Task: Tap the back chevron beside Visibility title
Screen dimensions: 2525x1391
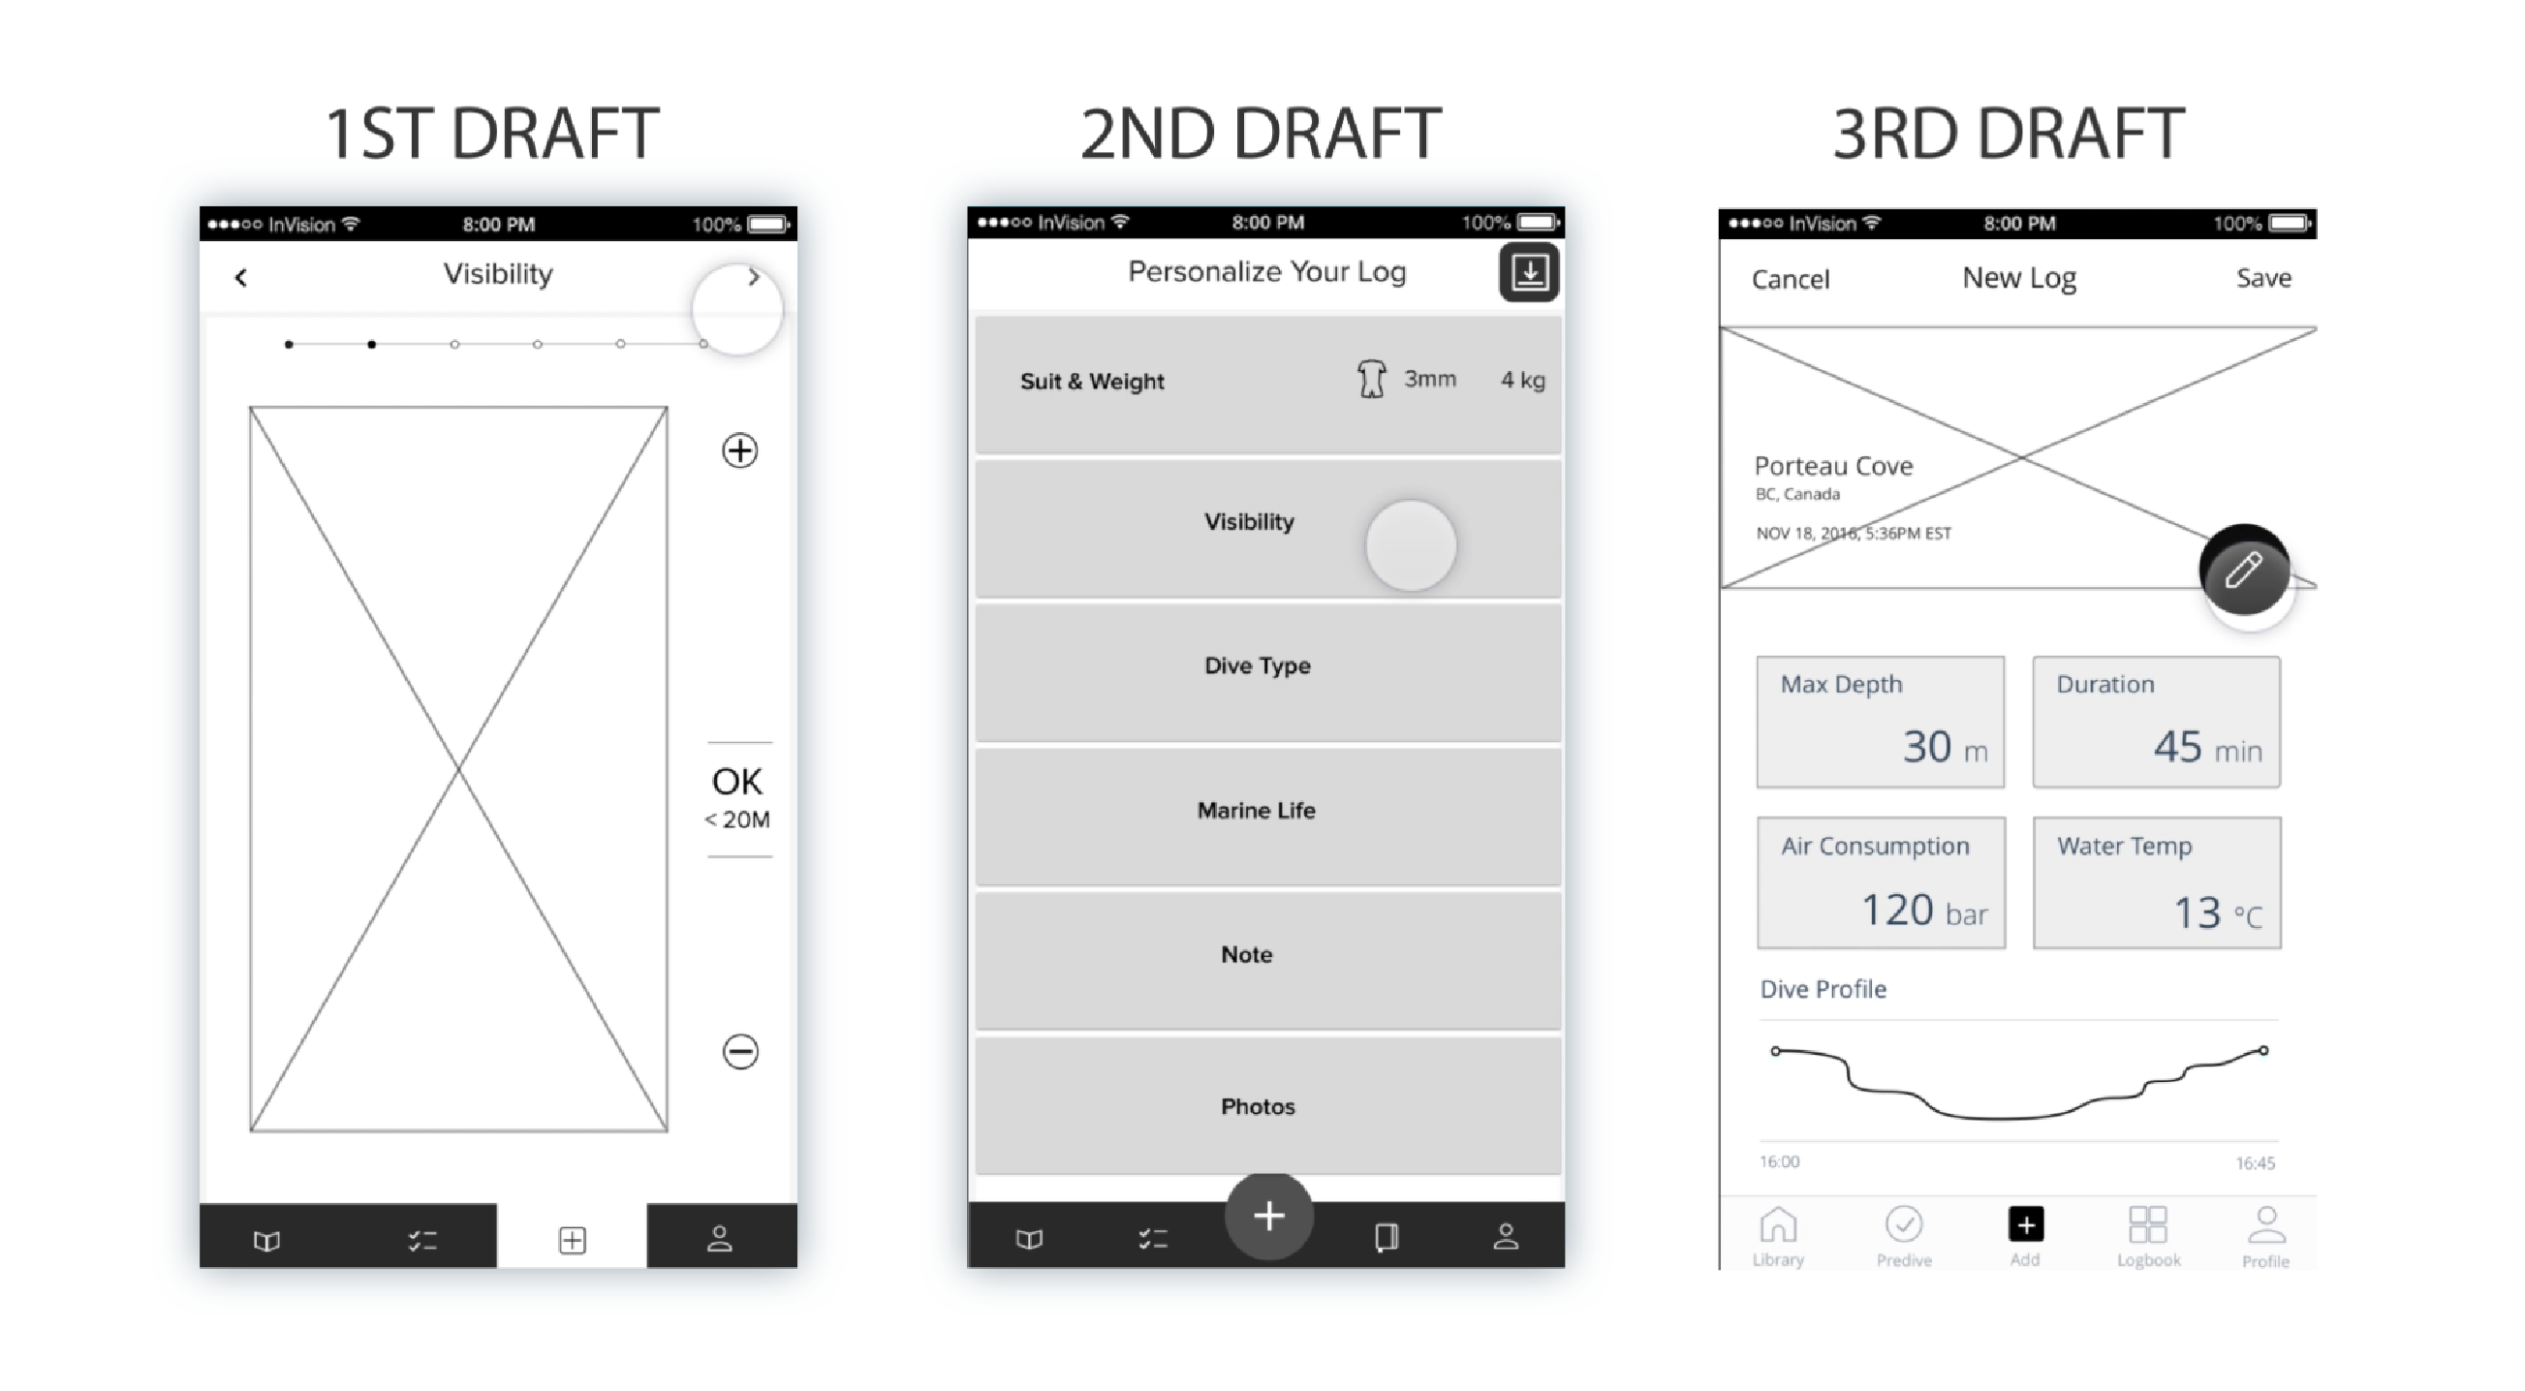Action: [x=241, y=278]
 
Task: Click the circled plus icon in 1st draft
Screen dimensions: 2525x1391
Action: [x=740, y=451]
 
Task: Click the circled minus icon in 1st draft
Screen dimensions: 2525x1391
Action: [x=740, y=1052]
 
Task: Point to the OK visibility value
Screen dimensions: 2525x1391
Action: [x=737, y=782]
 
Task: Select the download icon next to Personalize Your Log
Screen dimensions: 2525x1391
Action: [x=1529, y=272]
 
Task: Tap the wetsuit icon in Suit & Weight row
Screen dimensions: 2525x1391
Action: [x=1371, y=379]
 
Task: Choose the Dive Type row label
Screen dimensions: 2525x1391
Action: [x=1258, y=665]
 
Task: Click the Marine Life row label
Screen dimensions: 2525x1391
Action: [x=1257, y=810]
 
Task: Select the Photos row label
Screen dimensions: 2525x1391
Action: [x=1258, y=1107]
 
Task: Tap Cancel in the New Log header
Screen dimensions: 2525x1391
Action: [x=1790, y=279]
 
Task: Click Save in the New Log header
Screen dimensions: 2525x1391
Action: [x=2263, y=278]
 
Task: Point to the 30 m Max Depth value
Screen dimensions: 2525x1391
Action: [x=1945, y=747]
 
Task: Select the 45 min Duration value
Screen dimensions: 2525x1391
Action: [x=2207, y=747]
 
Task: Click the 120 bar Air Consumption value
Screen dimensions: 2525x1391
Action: [x=1924, y=910]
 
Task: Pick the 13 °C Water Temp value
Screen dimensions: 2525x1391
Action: [x=2218, y=912]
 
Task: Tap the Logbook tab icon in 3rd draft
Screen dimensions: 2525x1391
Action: [x=2148, y=1224]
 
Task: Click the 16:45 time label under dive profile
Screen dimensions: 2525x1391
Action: [x=2255, y=1163]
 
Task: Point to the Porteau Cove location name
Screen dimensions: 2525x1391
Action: [x=1833, y=466]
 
